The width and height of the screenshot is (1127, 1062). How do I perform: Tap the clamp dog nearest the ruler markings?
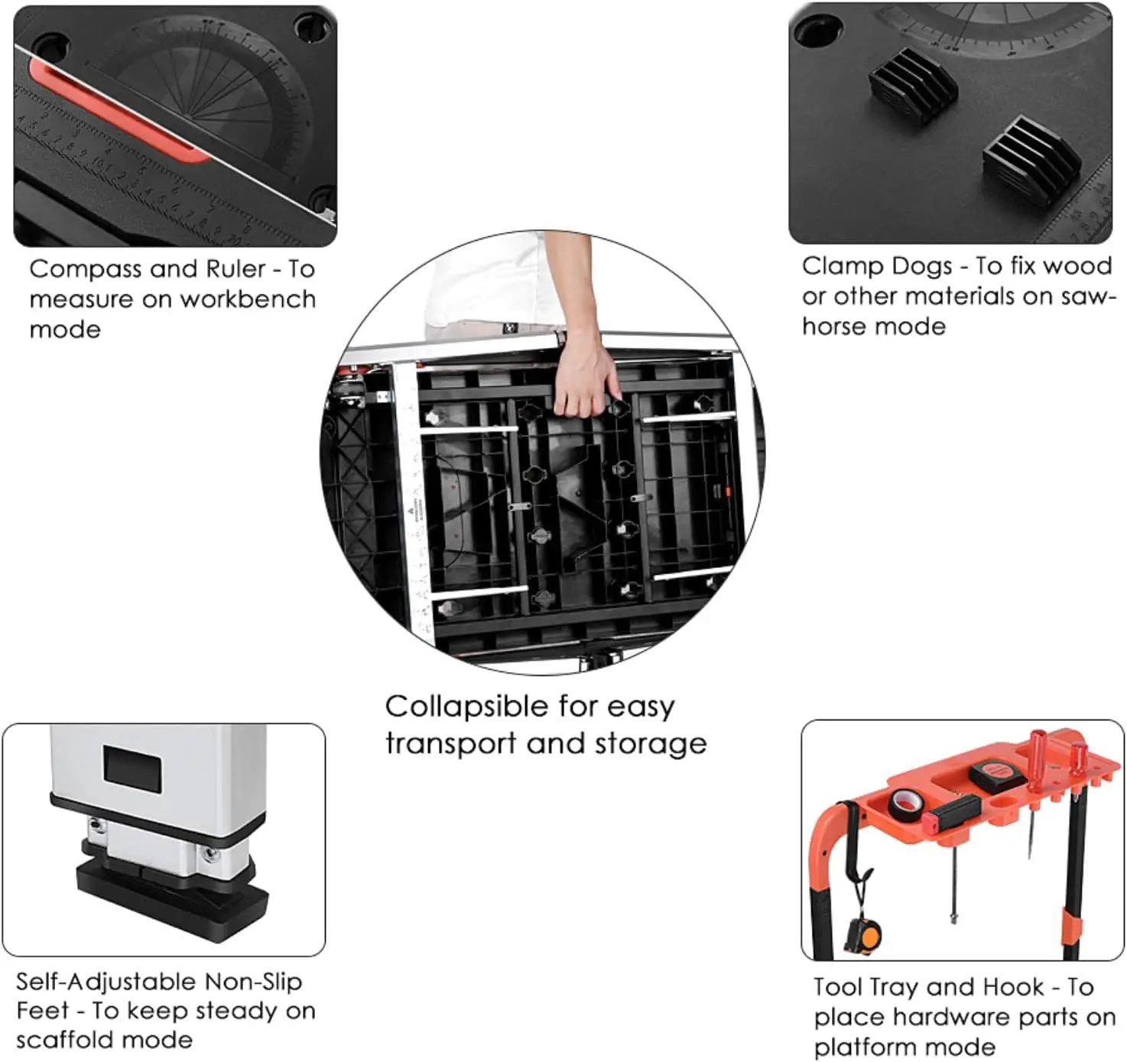[x=1032, y=157]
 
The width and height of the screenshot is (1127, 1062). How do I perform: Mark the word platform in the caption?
[x=866, y=1047]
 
